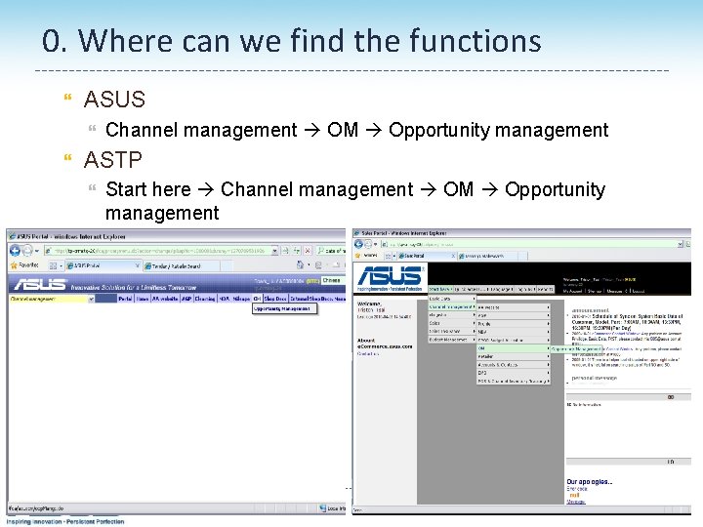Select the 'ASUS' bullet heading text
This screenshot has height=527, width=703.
(114, 99)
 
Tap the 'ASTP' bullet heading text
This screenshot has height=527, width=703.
(113, 159)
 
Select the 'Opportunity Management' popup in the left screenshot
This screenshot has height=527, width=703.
(284, 308)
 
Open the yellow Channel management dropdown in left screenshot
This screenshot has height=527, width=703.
(51, 299)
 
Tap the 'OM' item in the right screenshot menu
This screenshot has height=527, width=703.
(481, 347)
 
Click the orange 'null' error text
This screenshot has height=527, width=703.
(575, 496)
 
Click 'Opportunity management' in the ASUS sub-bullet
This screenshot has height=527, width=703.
(498, 130)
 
